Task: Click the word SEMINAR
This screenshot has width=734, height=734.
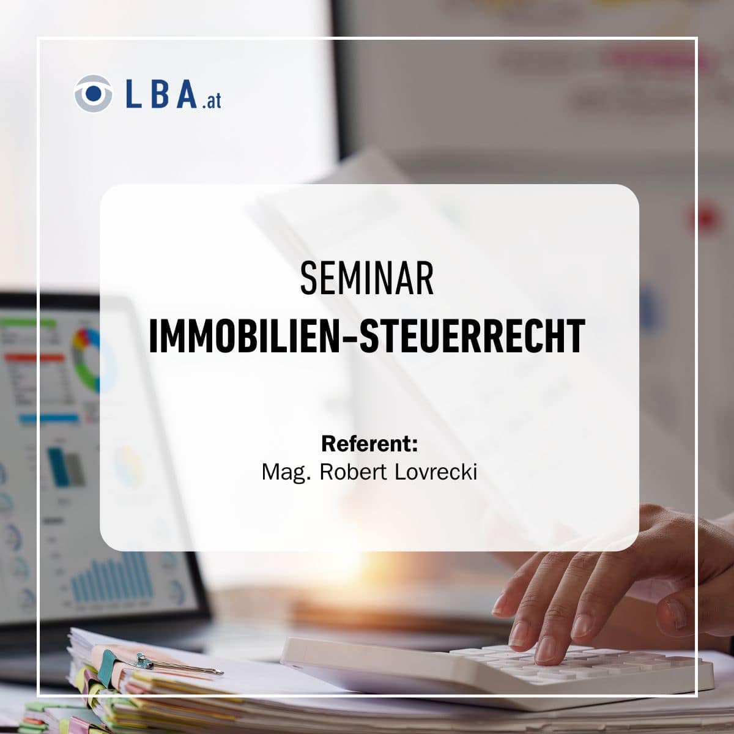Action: coord(367,279)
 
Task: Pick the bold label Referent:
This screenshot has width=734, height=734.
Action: coord(369,443)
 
